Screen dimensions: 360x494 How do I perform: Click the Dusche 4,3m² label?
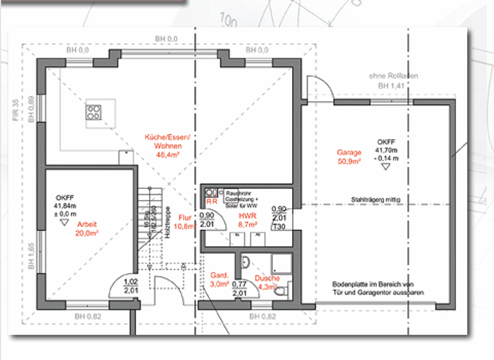point(267,282)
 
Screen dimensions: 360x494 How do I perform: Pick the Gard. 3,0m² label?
point(220,279)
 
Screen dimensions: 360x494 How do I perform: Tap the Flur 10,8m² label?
point(186,222)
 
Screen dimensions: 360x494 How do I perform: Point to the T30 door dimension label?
point(279,227)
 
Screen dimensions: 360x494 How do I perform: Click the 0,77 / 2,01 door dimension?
point(239,288)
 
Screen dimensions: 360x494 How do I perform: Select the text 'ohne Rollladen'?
point(393,76)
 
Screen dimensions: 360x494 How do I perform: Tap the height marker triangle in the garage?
point(385,166)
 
